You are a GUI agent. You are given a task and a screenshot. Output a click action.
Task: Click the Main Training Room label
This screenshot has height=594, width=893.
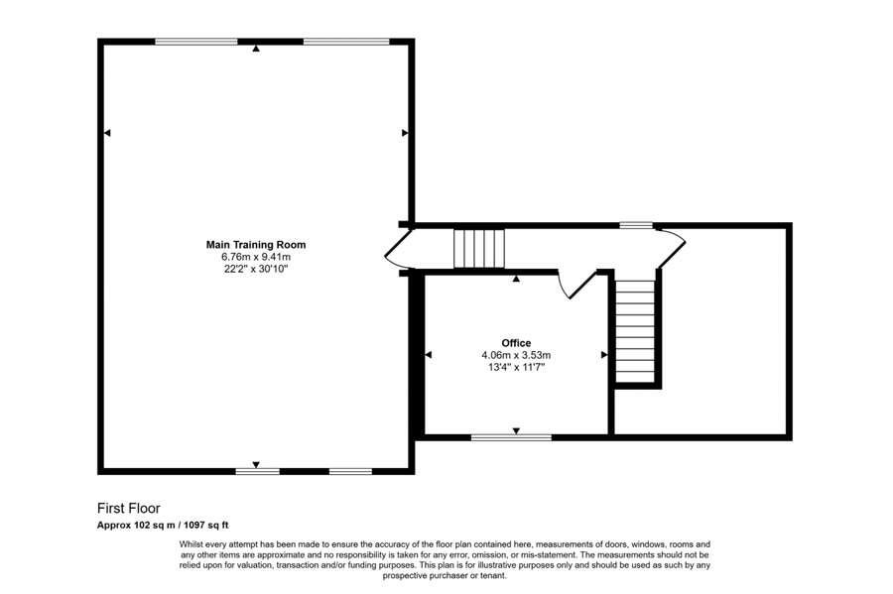point(255,244)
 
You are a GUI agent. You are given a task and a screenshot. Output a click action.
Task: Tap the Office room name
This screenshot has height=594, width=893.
point(515,343)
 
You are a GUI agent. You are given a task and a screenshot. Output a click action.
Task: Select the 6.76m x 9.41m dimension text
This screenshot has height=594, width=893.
point(255,256)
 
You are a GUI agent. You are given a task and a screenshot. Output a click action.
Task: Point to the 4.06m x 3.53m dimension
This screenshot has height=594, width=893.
point(515,355)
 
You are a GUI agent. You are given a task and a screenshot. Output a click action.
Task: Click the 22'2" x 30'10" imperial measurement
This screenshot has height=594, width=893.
point(255,268)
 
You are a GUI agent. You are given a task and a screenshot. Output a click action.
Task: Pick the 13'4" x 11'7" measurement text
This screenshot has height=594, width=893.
point(515,367)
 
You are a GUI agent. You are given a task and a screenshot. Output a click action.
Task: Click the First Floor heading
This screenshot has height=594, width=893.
point(128,509)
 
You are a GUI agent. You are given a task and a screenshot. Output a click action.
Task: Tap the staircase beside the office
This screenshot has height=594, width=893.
point(636,330)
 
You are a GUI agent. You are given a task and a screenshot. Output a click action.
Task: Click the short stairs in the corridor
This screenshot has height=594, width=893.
point(479,248)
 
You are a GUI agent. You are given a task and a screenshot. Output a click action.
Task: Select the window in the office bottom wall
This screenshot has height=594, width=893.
point(511,436)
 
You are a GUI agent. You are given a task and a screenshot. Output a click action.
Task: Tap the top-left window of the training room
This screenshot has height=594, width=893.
point(195,42)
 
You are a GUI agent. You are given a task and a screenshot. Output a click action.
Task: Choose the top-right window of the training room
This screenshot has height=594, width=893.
point(345,42)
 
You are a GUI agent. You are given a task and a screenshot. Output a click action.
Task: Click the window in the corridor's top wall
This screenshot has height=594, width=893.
point(636,226)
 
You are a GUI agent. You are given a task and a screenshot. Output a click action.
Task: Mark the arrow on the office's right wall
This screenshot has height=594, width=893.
point(603,354)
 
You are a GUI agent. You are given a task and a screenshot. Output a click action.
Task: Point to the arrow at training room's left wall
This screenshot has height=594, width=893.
point(107,132)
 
